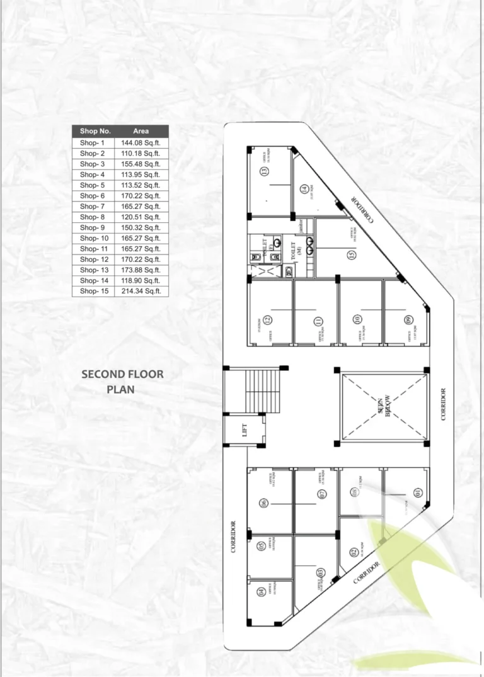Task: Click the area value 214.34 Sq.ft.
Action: pos(141,291)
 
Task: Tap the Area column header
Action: pos(141,131)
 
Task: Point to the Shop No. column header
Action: pos(95,131)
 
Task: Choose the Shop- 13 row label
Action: pos(94,270)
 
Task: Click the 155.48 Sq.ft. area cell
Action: pos(141,164)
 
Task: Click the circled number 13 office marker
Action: pos(273,172)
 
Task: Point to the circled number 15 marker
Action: pos(351,255)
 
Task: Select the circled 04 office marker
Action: pos(260,591)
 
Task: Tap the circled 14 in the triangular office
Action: pos(303,188)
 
